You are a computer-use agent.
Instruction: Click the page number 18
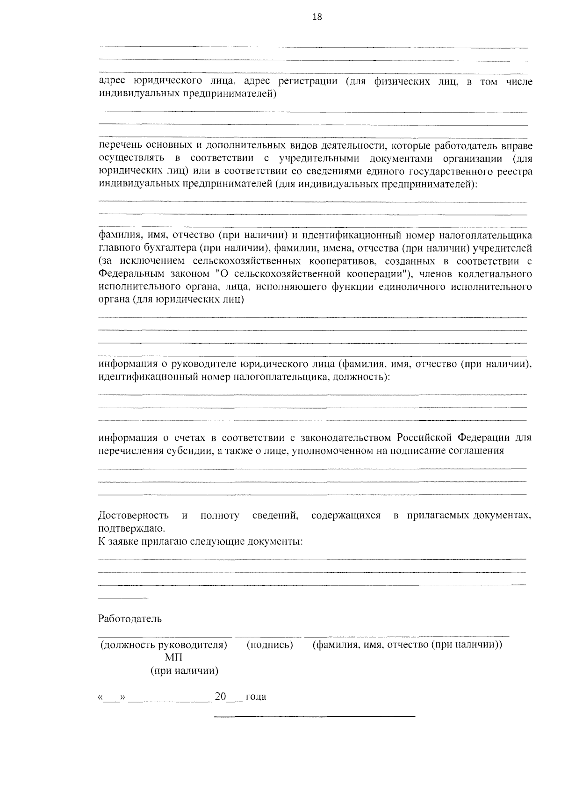316,17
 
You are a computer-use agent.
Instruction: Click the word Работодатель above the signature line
129,619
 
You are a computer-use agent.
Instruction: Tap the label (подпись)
269,645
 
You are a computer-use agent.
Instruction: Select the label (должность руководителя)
164,645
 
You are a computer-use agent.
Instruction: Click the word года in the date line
256,697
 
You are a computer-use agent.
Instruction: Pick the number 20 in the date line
220,697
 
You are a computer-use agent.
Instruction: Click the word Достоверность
133,516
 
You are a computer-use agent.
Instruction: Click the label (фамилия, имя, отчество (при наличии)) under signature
407,645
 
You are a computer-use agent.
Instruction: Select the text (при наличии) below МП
184,671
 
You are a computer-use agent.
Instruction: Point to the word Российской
424,438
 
